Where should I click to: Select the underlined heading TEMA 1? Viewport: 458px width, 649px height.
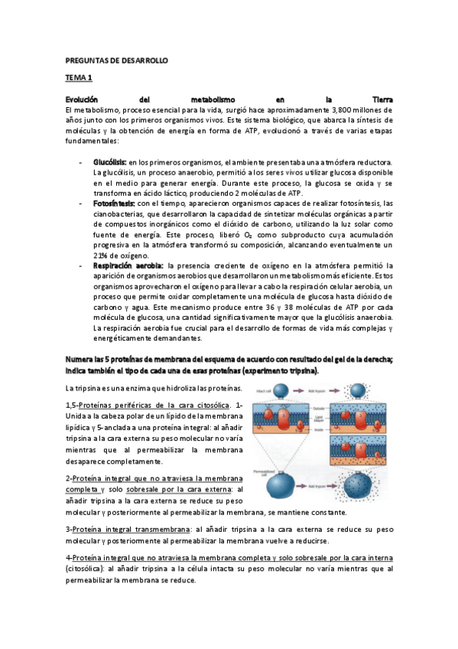tap(78, 78)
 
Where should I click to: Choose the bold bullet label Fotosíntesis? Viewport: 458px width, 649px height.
tap(115, 204)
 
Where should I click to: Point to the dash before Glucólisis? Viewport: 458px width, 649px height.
tap(82, 163)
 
